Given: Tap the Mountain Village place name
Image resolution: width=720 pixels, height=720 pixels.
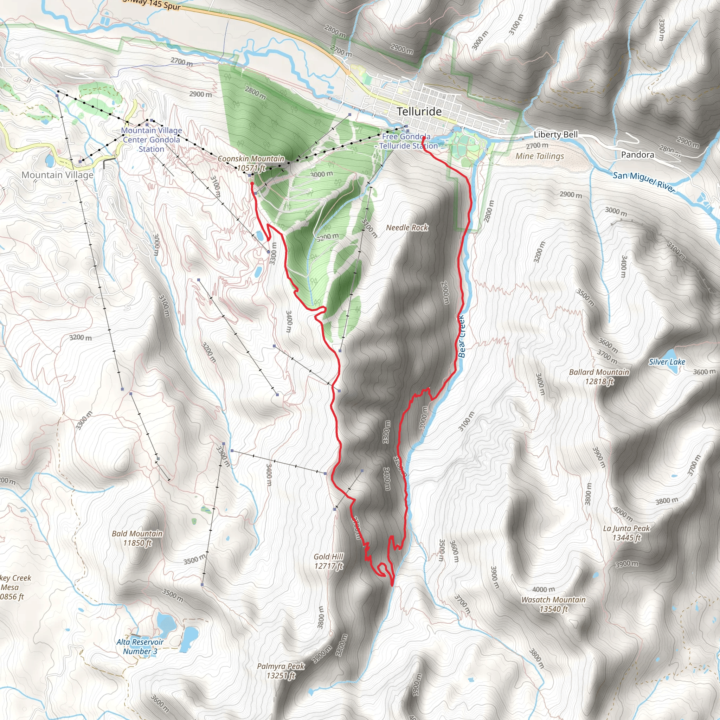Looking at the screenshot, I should coord(57,175).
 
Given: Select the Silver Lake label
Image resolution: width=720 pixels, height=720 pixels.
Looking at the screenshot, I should coord(667,361).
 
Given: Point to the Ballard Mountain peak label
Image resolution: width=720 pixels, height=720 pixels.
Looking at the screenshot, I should coord(599,377).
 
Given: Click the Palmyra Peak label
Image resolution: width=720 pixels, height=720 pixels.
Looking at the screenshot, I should coord(281,670).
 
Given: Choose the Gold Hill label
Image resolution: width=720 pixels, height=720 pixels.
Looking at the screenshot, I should coord(328,561).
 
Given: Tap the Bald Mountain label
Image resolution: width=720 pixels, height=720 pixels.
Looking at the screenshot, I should coord(137,538).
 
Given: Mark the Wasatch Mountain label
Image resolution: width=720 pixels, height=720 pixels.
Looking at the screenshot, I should coord(553,604).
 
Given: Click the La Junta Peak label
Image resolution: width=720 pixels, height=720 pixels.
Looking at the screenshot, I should coord(626,533).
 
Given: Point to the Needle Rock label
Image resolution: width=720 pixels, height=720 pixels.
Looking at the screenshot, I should coord(407,227).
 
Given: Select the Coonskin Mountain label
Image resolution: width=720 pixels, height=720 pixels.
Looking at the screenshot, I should coord(251,163).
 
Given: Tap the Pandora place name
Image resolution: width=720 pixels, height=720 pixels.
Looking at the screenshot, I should coord(637,155).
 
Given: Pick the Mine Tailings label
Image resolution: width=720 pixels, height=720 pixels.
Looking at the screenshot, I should coord(540,156).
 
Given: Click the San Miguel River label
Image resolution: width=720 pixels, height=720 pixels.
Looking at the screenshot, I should coord(644,181).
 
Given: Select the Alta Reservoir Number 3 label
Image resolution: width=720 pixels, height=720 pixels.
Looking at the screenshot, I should coord(140,647).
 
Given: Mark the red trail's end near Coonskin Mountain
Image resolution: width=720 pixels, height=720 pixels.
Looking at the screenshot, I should coord(252,184).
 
